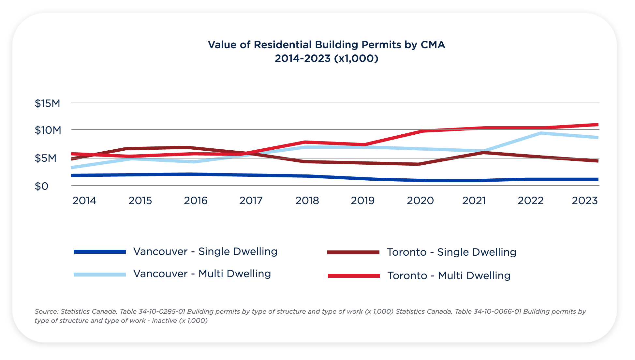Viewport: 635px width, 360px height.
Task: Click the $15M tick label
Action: pos(48,104)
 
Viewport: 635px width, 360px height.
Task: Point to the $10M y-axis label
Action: pos(48,130)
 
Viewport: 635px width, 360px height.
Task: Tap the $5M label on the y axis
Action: pos(45,158)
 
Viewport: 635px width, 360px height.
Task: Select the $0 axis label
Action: pos(41,187)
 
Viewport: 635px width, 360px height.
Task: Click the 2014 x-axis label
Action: pos(84,201)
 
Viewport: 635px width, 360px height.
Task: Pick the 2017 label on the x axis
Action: pos(251,201)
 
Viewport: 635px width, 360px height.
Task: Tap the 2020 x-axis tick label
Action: pos(420,201)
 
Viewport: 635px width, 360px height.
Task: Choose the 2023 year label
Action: pos(585,201)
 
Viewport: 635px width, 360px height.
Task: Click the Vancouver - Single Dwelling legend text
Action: pos(205,252)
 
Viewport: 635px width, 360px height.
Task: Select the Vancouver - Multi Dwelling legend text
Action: pos(202,274)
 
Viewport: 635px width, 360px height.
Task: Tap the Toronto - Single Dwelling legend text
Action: pos(451,252)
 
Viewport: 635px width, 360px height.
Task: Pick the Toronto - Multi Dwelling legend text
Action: pos(449,276)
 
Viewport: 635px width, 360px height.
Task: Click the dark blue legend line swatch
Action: pos(100,252)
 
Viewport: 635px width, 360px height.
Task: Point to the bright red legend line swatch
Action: pos(354,276)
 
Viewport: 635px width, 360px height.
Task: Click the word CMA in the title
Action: pos(433,45)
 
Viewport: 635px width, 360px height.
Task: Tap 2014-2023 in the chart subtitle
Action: pos(303,59)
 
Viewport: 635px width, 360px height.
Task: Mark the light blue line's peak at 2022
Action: pos(540,133)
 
